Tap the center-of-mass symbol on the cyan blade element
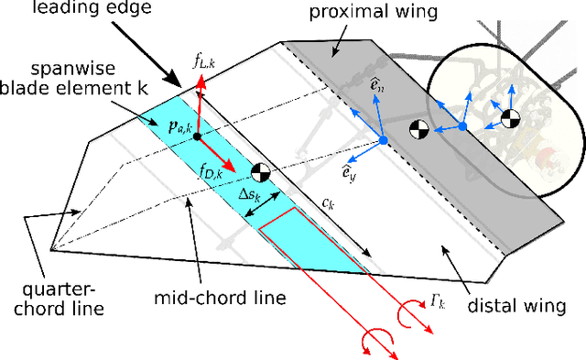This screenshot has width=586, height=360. [261, 172]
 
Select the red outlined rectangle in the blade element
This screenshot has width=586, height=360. [309, 243]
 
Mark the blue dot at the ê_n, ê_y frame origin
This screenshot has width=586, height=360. [384, 140]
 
